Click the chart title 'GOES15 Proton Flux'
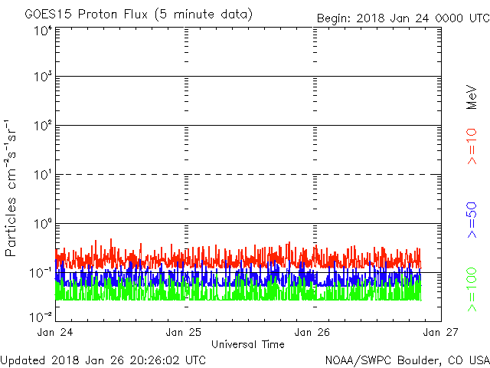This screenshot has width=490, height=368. tap(86, 14)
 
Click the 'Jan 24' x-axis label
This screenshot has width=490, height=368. tap(55, 332)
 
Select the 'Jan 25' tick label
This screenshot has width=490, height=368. tap(184, 332)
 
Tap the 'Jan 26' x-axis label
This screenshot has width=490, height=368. tap(312, 332)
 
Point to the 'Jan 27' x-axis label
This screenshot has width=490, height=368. tap(441, 332)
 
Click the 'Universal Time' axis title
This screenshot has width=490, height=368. tap(248, 344)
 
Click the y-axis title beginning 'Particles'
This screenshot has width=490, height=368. tap(10, 188)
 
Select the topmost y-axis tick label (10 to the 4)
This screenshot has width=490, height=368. tap(44, 31)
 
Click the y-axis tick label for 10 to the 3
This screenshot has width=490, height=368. tap(44, 77)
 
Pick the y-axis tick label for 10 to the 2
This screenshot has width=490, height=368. tap(44, 126)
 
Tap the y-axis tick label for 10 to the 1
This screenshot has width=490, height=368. tap(44, 175)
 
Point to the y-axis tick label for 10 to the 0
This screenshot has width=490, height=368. tap(44, 224)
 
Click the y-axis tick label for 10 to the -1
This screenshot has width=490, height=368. tap(41, 273)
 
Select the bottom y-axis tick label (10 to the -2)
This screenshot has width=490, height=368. tap(41, 317)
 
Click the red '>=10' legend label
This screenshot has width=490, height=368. tap(472, 146)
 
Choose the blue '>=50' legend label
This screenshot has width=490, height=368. tap(472, 220)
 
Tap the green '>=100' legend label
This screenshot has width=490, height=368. tap(472, 290)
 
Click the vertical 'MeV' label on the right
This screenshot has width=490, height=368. tap(472, 97)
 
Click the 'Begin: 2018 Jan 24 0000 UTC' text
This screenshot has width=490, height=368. tap(403, 18)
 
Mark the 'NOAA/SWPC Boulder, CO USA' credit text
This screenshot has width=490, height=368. tap(407, 360)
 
